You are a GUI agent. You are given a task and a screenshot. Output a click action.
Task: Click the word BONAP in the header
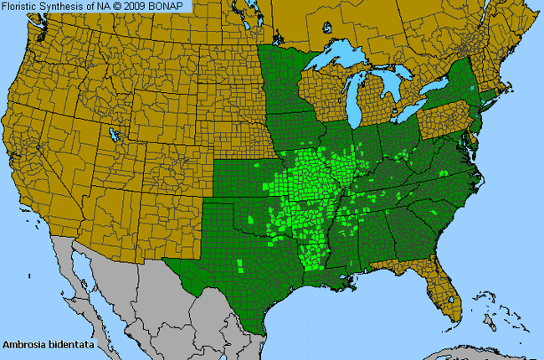click(x=172, y=7)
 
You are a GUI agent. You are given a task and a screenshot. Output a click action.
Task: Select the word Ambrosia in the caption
click(x=24, y=344)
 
